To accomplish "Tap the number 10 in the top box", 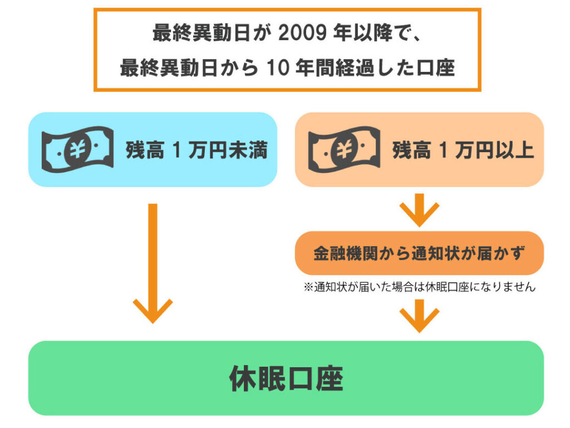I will pyautogui.click(x=279, y=68).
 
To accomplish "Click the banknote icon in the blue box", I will pyautogui.click(x=77, y=149).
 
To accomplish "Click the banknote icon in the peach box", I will pyautogui.click(x=344, y=149).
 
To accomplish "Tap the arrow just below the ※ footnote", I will pyautogui.click(x=419, y=315).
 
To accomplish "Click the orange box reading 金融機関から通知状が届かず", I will pyautogui.click(x=419, y=253).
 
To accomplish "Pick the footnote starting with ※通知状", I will pyautogui.click(x=419, y=288).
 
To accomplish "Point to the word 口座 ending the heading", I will pyautogui.click(x=431, y=68).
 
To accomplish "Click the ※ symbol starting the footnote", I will pyautogui.click(x=308, y=288).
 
